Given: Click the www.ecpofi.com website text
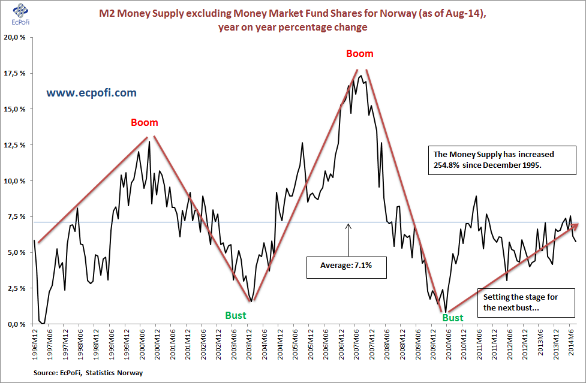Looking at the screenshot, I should (x=91, y=93).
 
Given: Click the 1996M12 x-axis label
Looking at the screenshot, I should (x=35, y=343).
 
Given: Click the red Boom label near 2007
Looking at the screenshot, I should (x=360, y=54).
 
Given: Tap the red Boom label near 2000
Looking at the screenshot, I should (x=145, y=123).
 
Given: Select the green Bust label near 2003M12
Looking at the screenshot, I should (x=236, y=315).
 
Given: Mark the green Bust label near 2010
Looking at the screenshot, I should (x=453, y=318).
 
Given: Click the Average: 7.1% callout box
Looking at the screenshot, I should (x=347, y=266).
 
